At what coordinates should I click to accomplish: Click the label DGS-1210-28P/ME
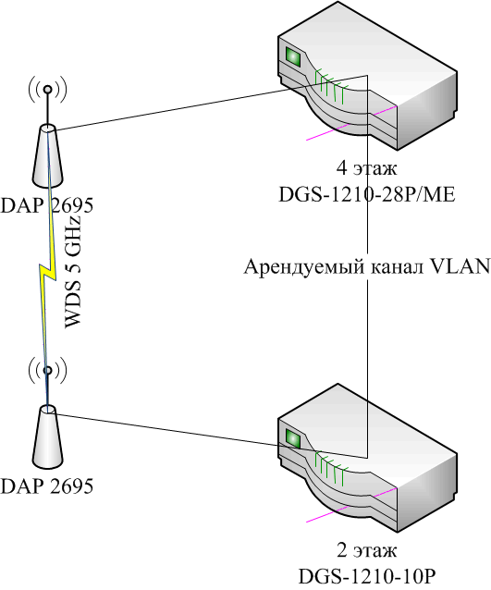366,194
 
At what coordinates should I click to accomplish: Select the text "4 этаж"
366,168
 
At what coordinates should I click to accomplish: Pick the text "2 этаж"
366,551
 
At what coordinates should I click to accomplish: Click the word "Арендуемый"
304,267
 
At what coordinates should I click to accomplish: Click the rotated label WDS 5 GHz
73,272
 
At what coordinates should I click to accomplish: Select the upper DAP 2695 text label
46,205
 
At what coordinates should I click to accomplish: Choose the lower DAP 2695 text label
46,486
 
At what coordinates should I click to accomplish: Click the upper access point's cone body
47,156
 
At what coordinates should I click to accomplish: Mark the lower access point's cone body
47,437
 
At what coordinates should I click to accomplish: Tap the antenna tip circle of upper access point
47,89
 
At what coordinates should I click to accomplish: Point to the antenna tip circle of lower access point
47,371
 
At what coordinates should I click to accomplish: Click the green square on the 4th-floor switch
293,56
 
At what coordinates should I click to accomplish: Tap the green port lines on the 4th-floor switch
330,86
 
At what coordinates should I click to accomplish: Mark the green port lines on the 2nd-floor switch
330,468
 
